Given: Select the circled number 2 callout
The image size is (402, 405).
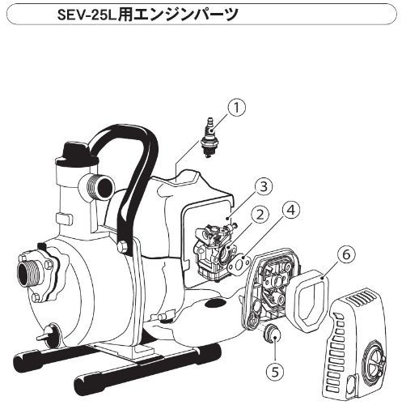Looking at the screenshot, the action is [x=260, y=215].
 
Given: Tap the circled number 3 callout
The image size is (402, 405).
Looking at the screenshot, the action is [x=263, y=187].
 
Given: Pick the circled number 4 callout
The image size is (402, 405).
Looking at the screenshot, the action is [x=291, y=211].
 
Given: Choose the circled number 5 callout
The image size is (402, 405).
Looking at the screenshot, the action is [x=275, y=372].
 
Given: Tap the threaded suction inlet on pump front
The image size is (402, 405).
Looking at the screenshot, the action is [x=29, y=273].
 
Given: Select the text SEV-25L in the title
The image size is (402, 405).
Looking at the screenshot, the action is [x=87, y=14].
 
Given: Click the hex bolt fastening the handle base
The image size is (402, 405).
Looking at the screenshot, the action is [x=123, y=247].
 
